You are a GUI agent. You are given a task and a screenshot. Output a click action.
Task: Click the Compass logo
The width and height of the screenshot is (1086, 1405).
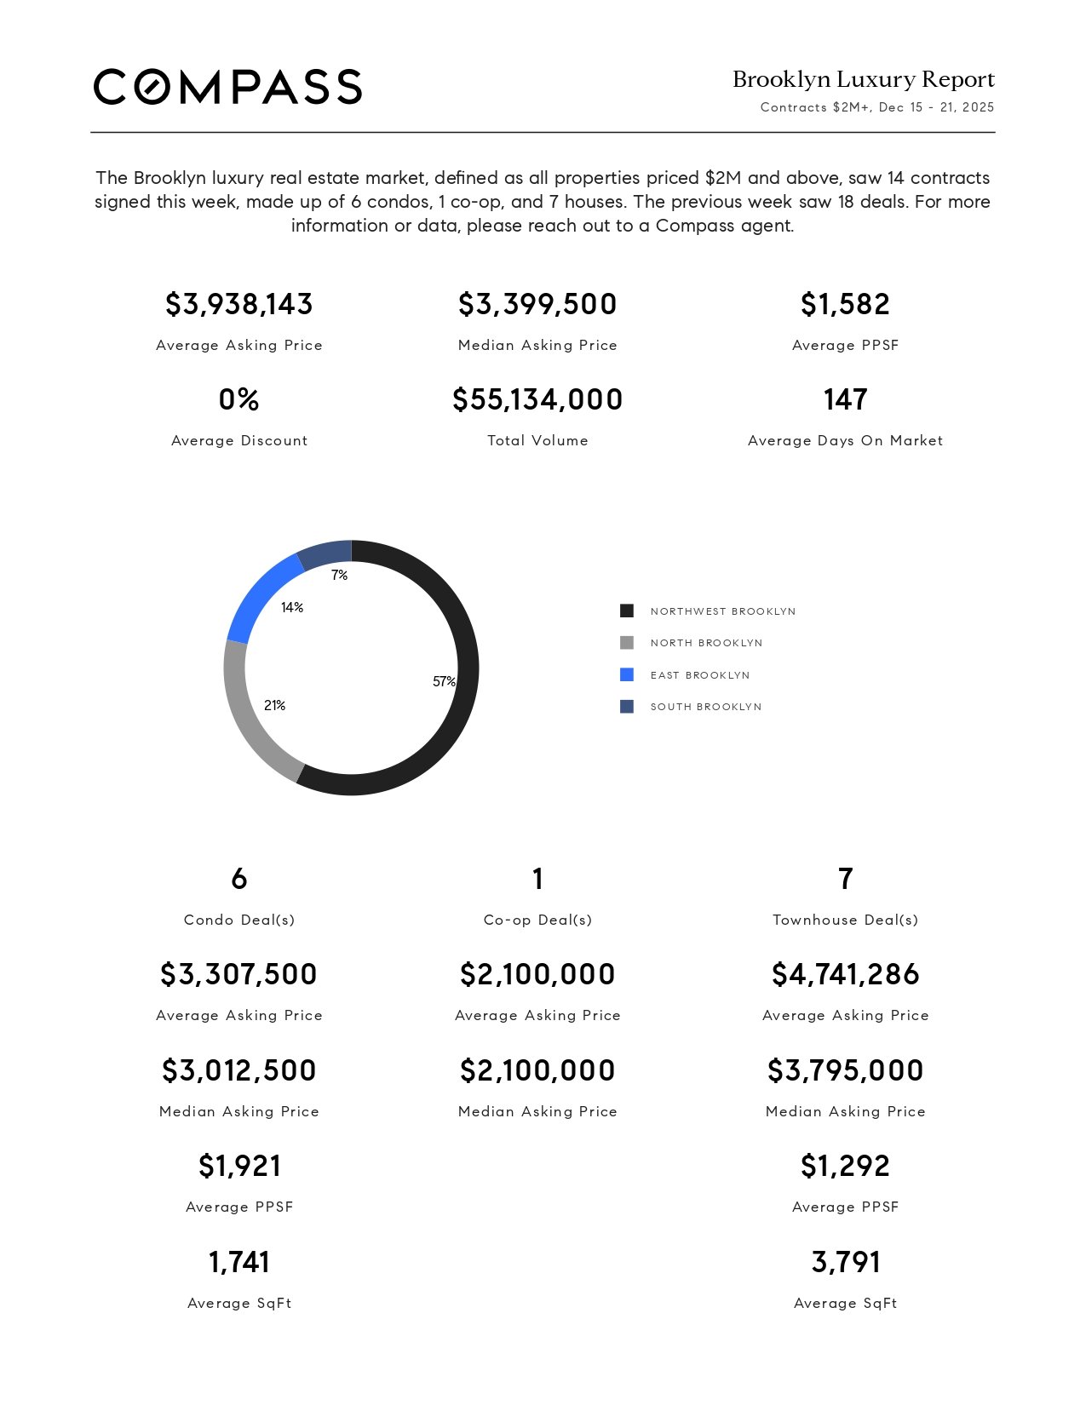227,87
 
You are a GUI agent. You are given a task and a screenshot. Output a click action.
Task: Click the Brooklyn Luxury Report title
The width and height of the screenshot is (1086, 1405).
863,79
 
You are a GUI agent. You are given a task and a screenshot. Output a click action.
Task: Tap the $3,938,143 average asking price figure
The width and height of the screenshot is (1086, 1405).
239,304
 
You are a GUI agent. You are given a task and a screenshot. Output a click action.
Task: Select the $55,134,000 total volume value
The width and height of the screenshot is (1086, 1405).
537,399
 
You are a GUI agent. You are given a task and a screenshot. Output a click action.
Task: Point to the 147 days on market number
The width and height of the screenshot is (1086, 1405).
845,399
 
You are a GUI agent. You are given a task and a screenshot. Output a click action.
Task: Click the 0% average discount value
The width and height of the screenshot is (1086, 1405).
239,399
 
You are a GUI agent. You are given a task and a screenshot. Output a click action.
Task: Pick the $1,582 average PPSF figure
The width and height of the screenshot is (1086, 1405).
845,304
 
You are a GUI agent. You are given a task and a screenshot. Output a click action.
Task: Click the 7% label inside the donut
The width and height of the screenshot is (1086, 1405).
339,576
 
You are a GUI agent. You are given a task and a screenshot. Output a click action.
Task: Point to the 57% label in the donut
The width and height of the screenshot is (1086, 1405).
444,681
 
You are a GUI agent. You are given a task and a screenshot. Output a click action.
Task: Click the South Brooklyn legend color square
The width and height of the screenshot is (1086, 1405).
627,707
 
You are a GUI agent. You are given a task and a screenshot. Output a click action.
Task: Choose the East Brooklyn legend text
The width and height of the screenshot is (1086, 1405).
700,675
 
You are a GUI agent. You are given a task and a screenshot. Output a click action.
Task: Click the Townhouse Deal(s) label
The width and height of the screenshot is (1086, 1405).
845,920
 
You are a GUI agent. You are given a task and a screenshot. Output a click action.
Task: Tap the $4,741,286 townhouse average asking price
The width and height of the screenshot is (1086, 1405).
845,974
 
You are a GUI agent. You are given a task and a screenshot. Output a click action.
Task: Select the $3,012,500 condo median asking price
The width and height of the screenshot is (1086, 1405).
239,1070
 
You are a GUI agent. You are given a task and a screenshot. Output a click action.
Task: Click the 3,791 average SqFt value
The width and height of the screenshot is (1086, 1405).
845,1262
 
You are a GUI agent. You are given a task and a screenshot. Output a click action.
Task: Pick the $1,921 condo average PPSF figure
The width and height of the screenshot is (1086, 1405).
239,1166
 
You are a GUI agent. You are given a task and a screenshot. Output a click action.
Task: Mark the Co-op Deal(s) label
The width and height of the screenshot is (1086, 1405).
537,920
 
